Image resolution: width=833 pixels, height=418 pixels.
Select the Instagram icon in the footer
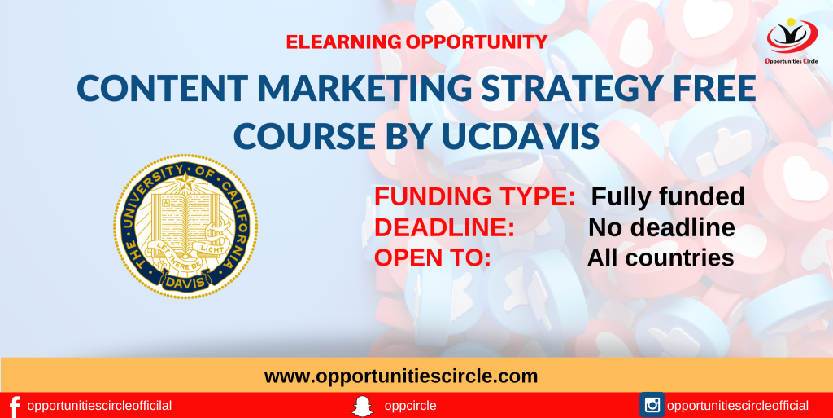coord(652,405)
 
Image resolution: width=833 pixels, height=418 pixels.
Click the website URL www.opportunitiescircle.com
coord(401,376)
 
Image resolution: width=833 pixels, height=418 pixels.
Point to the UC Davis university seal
coord(185,226)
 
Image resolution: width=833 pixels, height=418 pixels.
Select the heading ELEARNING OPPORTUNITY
coord(416,42)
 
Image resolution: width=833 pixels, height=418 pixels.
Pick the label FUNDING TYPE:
coord(475,196)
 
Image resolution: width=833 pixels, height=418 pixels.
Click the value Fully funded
coord(668,196)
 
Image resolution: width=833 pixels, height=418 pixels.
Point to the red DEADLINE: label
coord(444,227)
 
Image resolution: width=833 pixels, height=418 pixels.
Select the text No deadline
coord(661,227)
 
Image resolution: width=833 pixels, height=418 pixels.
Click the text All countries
coord(661,257)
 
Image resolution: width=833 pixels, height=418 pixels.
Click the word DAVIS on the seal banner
coord(185,284)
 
